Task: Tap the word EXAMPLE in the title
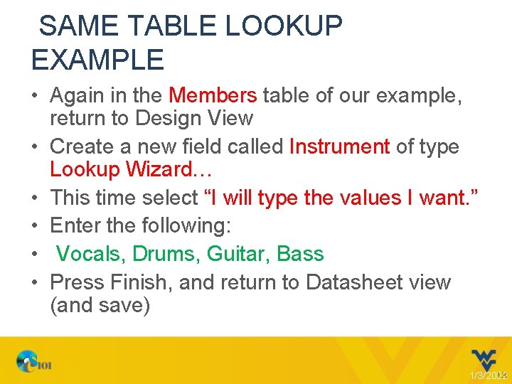coord(97,60)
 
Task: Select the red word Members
coord(213,95)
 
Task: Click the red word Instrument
coord(339,146)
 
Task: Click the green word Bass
coord(300,254)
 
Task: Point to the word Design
coord(164,118)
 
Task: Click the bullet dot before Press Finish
coord(35,282)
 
